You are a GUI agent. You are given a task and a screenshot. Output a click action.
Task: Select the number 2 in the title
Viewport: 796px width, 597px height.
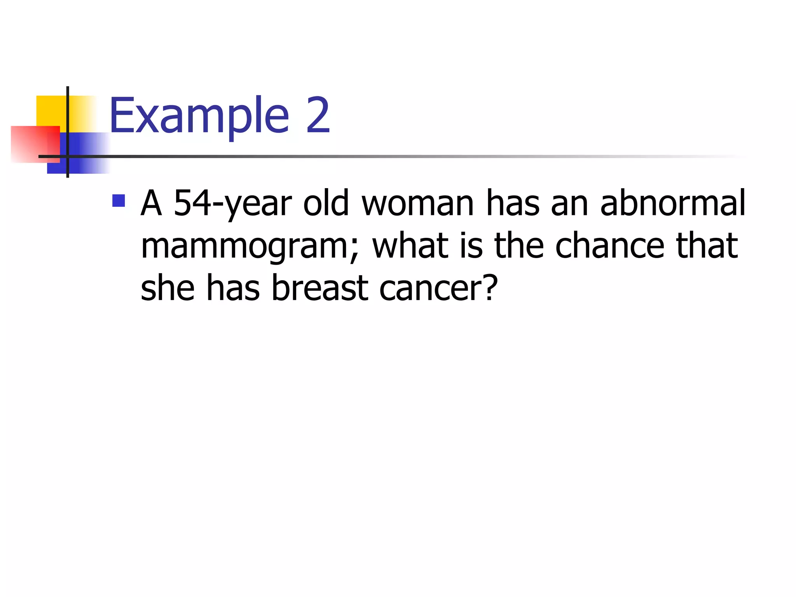click(318, 115)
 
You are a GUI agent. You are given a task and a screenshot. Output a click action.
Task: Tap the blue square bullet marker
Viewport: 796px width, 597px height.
click(119, 201)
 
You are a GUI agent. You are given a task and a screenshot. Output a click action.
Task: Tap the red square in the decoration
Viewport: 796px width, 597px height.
click(35, 144)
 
